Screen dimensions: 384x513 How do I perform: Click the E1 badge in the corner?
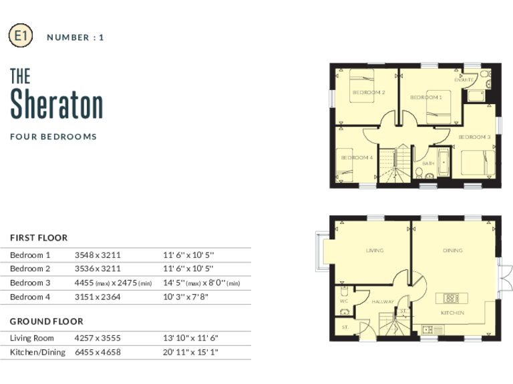(20, 36)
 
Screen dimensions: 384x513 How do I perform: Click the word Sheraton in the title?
(57, 105)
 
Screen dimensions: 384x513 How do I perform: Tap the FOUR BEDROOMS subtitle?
(53, 137)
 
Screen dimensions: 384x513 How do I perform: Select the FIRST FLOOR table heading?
(39, 237)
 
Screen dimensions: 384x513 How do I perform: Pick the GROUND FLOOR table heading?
(47, 321)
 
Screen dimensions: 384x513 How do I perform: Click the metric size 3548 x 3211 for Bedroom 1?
(98, 255)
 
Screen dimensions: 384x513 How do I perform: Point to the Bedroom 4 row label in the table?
(30, 297)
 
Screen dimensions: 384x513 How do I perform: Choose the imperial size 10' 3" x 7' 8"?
(186, 297)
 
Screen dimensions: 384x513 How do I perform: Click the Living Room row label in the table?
(32, 338)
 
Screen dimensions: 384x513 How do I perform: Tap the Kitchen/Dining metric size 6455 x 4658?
(98, 352)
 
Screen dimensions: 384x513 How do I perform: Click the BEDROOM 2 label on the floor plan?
(369, 92)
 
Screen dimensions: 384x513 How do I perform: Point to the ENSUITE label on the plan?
(464, 80)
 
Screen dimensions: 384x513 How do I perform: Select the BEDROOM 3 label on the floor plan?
(474, 137)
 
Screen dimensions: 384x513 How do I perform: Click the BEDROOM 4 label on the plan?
(357, 157)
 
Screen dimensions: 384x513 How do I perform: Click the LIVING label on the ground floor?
(375, 251)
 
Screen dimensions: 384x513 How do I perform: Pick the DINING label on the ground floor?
(452, 251)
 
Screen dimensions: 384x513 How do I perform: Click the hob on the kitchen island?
(451, 297)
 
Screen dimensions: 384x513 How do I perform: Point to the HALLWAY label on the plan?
(383, 302)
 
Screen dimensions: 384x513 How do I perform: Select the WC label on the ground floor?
(345, 301)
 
